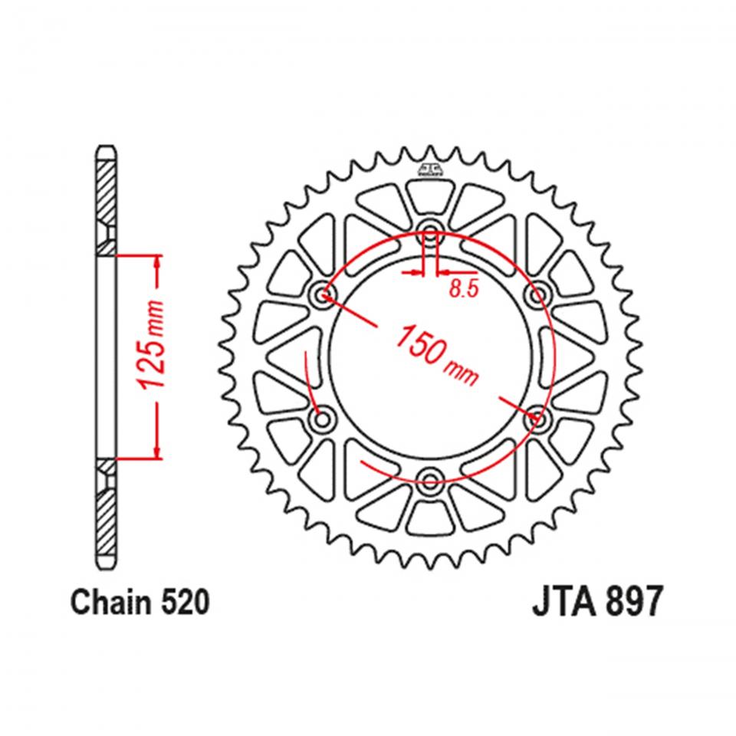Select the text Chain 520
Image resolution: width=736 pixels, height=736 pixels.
139,603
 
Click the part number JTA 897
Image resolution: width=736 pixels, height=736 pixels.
595,603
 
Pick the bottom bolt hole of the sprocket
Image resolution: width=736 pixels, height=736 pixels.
430,481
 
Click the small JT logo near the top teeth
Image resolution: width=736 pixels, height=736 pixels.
430,170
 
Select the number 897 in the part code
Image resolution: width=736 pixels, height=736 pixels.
630,603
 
